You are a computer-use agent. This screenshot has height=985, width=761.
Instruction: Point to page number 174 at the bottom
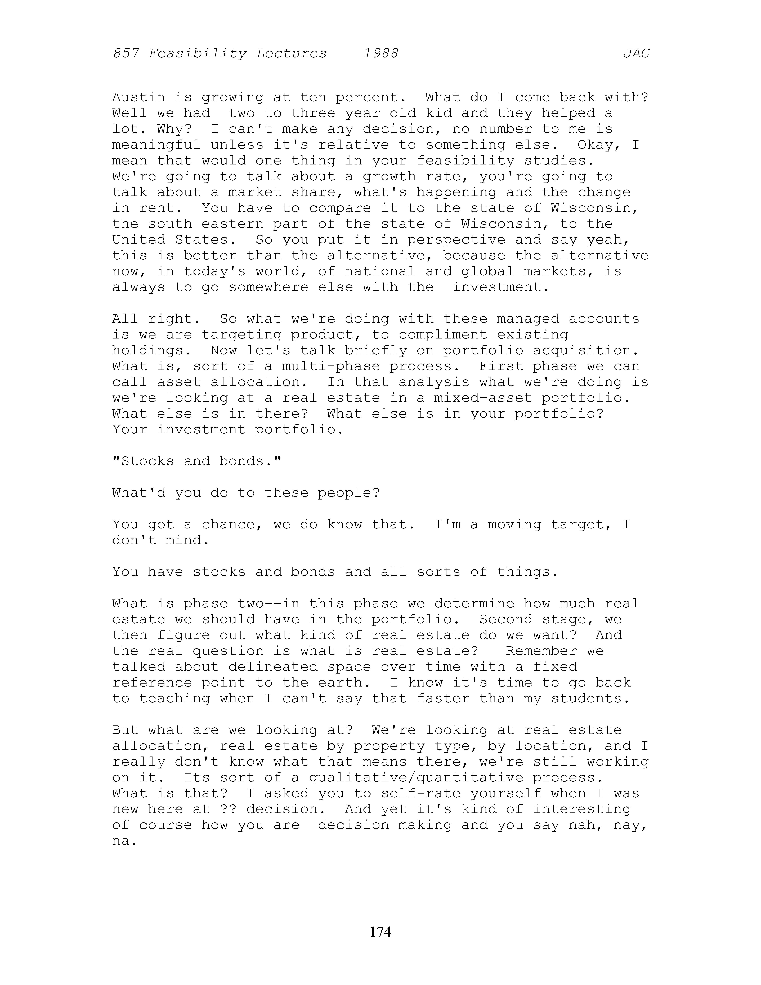[x=380, y=931]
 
